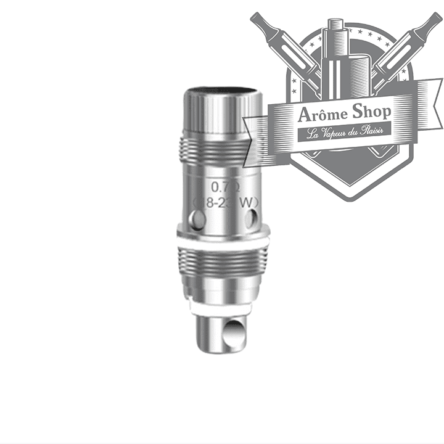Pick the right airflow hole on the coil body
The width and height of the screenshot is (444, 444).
[251, 217]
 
